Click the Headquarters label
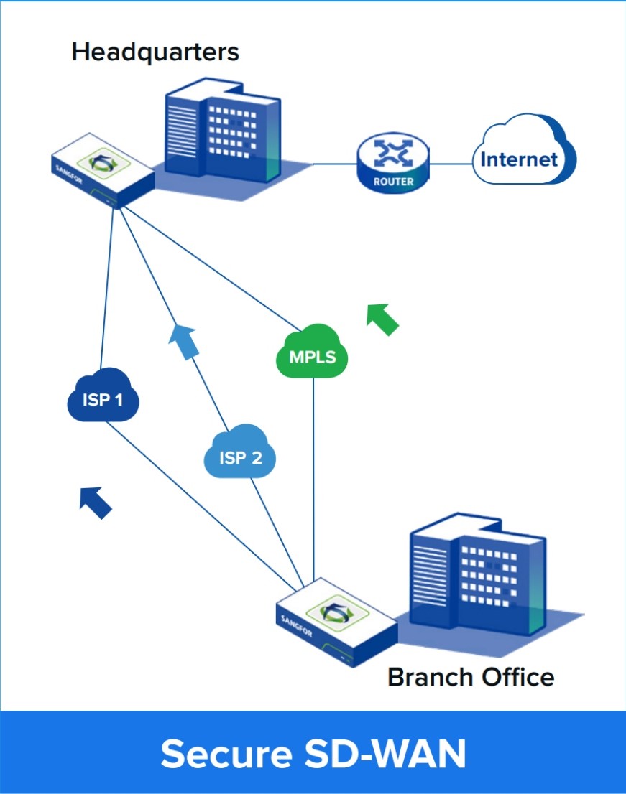tap(155, 52)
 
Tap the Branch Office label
tap(471, 677)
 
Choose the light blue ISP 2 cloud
tap(240, 454)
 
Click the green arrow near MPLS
tap(382, 319)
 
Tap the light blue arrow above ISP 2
tap(183, 340)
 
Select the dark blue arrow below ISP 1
tap(96, 501)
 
